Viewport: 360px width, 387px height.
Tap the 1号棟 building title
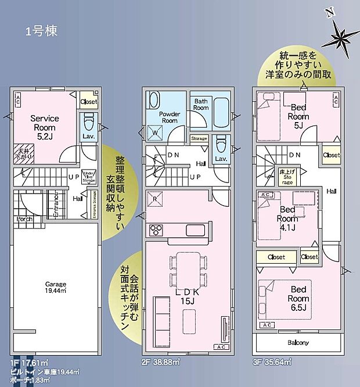tap(41, 31)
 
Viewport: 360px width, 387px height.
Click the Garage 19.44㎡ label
tap(56, 288)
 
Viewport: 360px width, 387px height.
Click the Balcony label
tap(297, 343)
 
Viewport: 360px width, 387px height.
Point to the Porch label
tap(24, 220)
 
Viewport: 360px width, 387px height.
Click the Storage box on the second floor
tap(199, 138)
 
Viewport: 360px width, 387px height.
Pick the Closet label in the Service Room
tap(89, 101)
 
